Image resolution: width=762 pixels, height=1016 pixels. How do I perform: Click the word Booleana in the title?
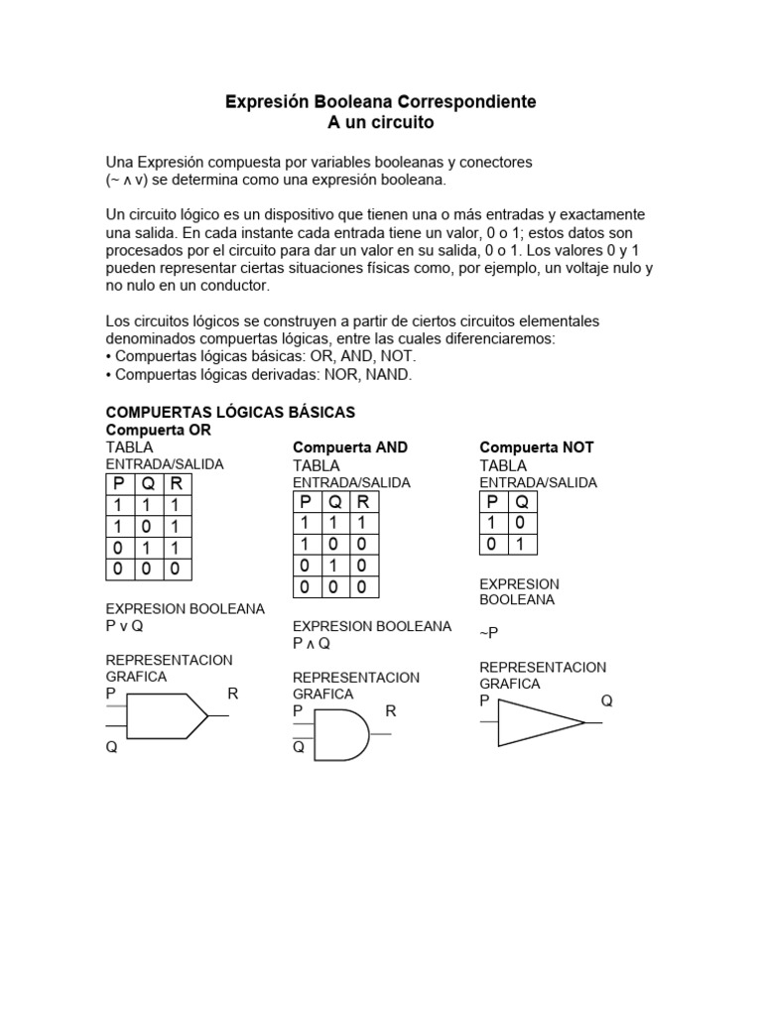(x=354, y=102)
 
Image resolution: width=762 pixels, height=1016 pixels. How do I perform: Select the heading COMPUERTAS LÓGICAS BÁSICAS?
(x=230, y=412)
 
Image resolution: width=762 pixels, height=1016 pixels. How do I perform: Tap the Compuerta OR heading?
(x=158, y=431)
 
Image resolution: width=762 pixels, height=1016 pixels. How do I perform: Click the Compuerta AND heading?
(x=350, y=447)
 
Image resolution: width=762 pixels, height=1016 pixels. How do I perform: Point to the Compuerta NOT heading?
(x=537, y=447)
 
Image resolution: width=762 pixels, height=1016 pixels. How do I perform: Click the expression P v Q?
(x=125, y=626)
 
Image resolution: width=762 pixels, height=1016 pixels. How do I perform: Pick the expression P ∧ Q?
(x=311, y=643)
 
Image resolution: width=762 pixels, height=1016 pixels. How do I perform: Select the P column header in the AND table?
(x=307, y=502)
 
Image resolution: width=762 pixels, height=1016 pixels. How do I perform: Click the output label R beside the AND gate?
(x=391, y=710)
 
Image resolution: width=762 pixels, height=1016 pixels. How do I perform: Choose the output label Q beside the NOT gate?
(x=606, y=700)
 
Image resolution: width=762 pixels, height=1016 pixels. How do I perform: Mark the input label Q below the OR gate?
(x=112, y=749)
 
